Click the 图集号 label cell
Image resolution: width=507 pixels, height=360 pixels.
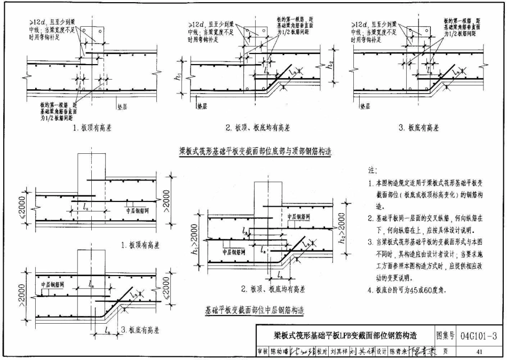[x=445, y=335]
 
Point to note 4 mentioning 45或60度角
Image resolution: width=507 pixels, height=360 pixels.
[x=407, y=291]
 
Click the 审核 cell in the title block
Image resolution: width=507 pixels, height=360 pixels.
[x=262, y=351]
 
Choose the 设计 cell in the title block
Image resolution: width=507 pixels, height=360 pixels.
[x=381, y=351]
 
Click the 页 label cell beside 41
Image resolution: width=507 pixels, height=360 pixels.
[x=445, y=351]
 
